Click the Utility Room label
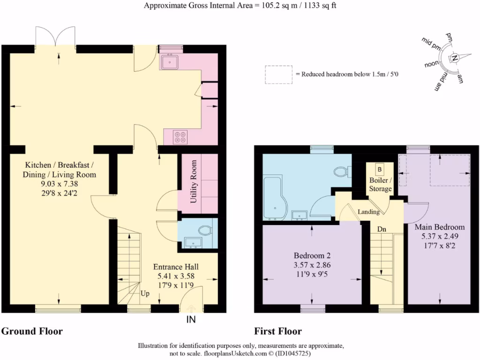point(194,181)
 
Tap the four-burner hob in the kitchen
point(180,137)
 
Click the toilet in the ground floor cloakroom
point(204,230)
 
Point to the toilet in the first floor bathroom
point(343,172)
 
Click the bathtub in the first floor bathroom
point(274,198)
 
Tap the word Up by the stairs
point(145,293)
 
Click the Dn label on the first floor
point(382,229)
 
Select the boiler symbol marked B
point(380,169)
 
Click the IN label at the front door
point(191,320)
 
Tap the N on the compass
point(455,58)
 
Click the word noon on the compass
point(432,64)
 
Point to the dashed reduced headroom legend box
point(278,75)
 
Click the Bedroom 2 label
point(312,255)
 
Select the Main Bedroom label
point(440,227)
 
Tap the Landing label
point(368,211)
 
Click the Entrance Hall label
point(176,267)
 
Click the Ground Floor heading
point(32,331)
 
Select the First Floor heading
point(278,331)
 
